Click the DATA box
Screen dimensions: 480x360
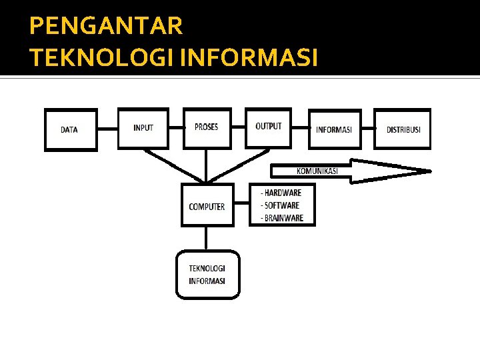click(x=70, y=129)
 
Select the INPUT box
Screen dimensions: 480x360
click(x=143, y=127)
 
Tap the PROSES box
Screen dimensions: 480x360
click(x=206, y=127)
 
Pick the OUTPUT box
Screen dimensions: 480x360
click(x=268, y=127)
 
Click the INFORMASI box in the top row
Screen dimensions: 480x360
click(x=335, y=129)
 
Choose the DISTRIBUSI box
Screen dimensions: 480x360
click(x=403, y=129)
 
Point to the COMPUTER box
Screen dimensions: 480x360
click(x=207, y=207)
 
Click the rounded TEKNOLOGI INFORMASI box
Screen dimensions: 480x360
click(x=207, y=275)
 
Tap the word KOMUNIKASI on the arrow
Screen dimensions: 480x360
click(x=317, y=171)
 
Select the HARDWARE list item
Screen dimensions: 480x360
click(x=281, y=193)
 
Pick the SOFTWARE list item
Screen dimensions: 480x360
click(x=280, y=205)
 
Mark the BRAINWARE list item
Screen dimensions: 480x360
click(x=282, y=218)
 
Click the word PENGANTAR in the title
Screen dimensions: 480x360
click(x=106, y=26)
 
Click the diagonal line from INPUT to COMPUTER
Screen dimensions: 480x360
click(x=174, y=165)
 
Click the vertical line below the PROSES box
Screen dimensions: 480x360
click(x=206, y=165)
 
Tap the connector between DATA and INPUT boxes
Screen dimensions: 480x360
click(x=107, y=128)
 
